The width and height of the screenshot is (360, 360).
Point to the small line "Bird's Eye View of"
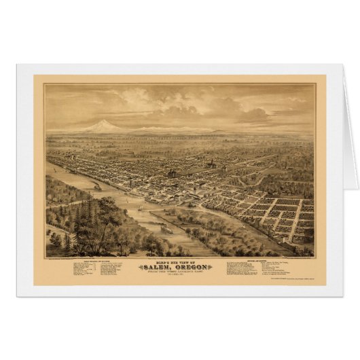[179, 260]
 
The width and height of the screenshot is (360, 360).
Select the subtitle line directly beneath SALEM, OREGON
[179, 272]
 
